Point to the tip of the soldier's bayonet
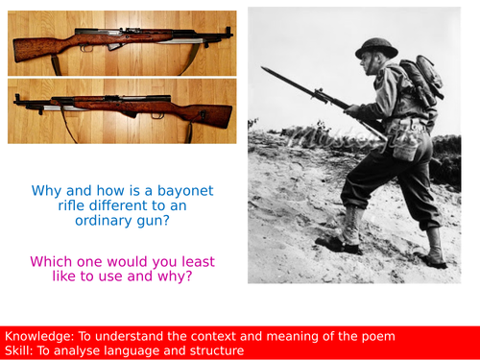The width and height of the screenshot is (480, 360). (262, 69)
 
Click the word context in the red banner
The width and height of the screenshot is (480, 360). (220, 336)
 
